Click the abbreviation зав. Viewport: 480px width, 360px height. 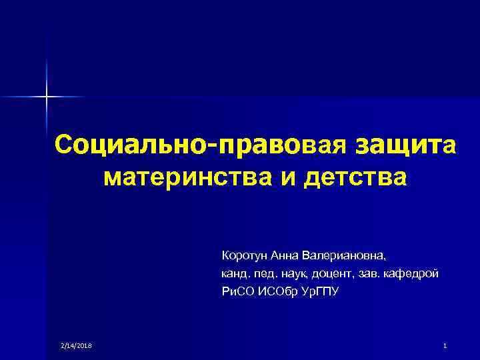click(x=368, y=274)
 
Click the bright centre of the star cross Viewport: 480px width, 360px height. click(x=47, y=97)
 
